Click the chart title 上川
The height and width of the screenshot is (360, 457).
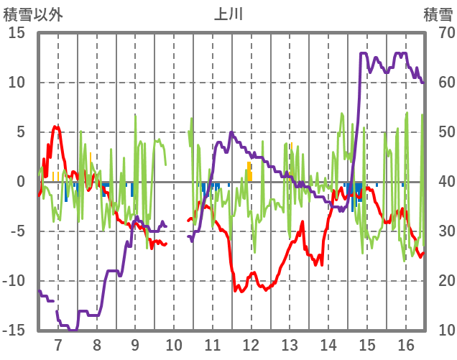228,14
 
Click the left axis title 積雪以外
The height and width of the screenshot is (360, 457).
33,14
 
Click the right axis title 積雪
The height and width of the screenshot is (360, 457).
437,14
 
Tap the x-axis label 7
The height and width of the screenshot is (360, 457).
58,343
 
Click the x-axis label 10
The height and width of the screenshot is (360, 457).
173,343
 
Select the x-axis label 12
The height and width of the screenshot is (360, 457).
251,343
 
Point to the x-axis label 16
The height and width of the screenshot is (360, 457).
405,343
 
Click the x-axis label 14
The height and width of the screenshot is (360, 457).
328,343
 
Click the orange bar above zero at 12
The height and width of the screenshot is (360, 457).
249,172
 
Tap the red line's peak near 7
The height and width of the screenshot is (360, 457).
56,126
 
